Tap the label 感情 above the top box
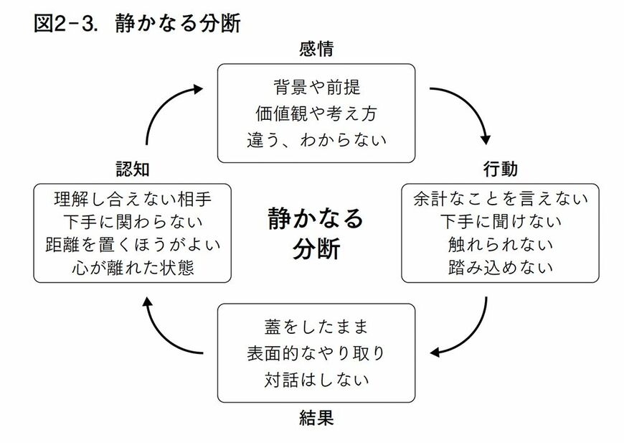[316, 50]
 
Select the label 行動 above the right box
[500, 169]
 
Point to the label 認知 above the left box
[133, 169]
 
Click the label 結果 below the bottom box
[316, 418]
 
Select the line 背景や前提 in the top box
[316, 89]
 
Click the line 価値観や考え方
[316, 113]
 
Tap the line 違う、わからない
[316, 139]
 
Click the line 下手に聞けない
[500, 220]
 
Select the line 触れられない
[500, 244]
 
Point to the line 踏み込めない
[500, 268]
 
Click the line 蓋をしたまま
[316, 328]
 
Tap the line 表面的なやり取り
[316, 353]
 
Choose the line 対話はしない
[316, 378]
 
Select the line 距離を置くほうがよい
[133, 244]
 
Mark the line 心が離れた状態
[133, 268]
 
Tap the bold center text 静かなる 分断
[316, 233]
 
